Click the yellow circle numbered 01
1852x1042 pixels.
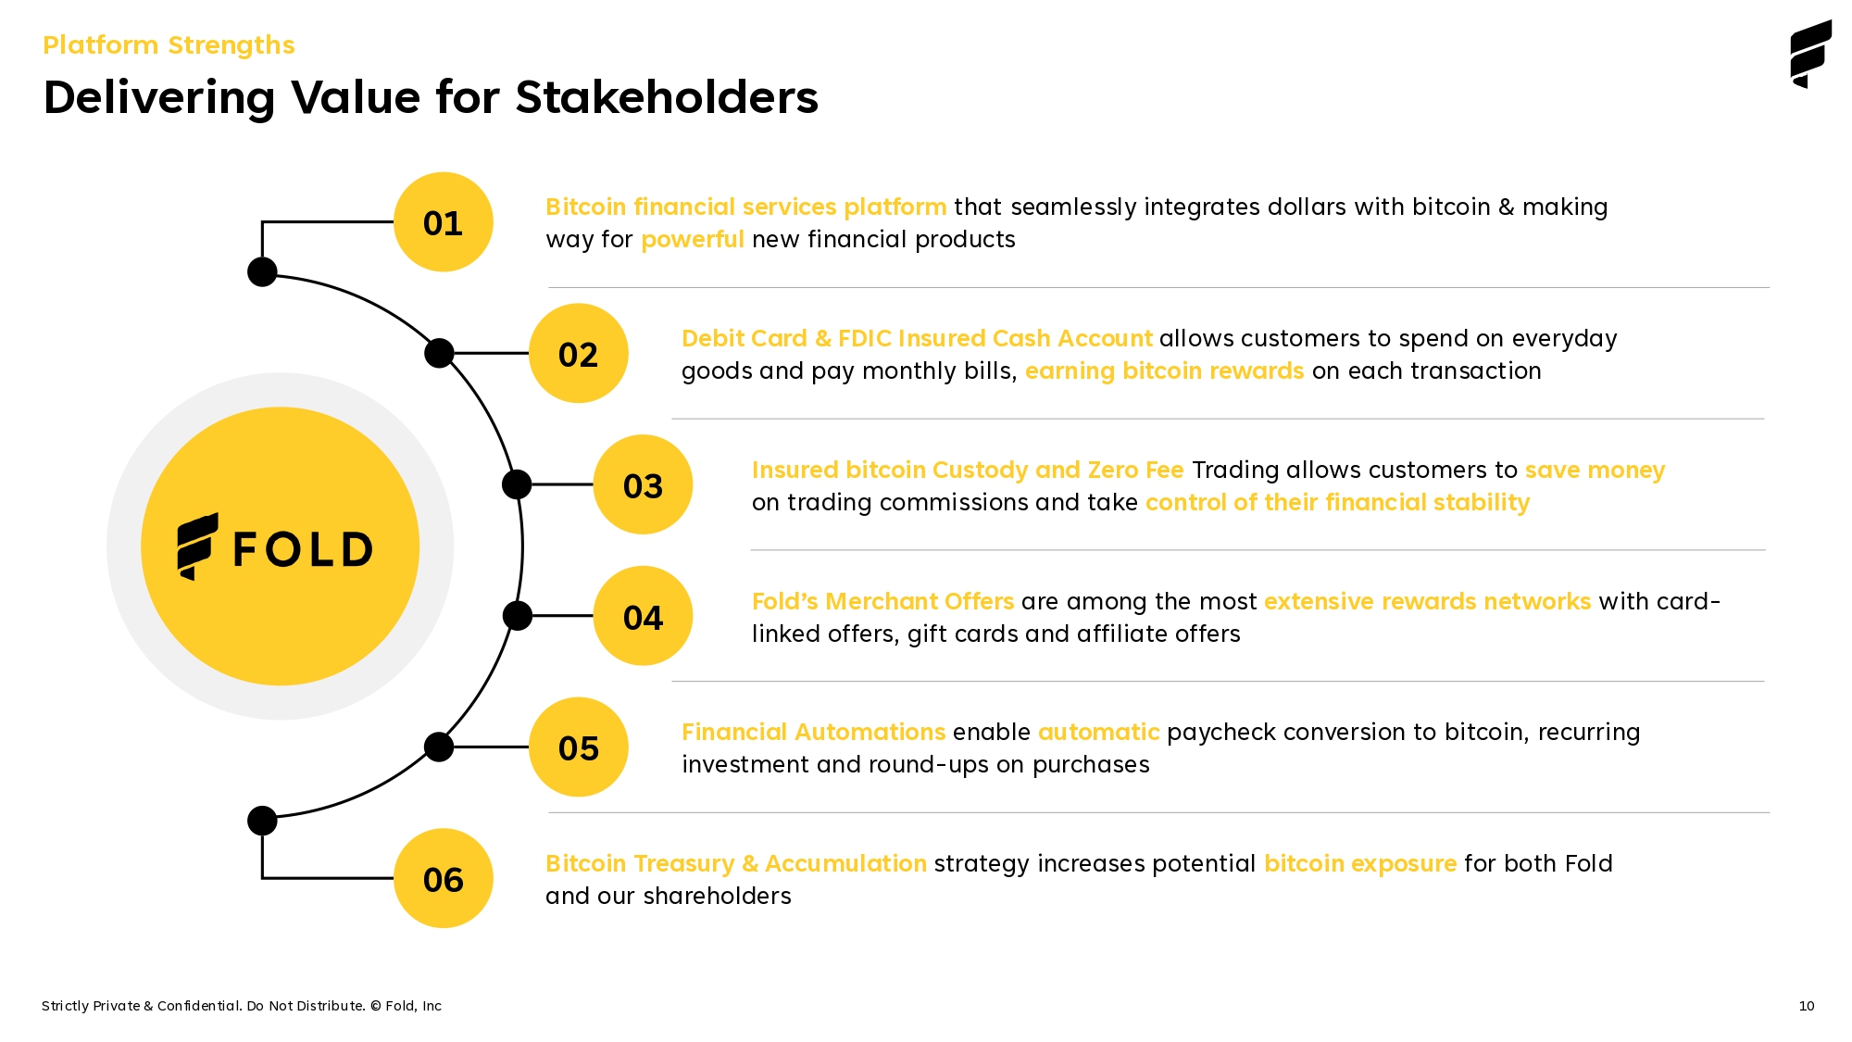(x=443, y=222)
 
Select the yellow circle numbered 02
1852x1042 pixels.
(x=578, y=353)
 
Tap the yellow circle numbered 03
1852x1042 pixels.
(x=643, y=484)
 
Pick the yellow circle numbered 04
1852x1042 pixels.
(x=643, y=616)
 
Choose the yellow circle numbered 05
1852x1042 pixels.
(x=578, y=747)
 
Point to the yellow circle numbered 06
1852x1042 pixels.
(x=443, y=878)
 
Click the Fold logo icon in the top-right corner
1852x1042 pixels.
(x=1810, y=55)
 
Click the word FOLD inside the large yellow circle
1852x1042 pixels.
(x=303, y=549)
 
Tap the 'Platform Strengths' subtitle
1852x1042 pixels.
(x=169, y=45)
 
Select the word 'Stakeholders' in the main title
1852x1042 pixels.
(x=667, y=97)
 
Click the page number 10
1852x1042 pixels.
(x=1807, y=1006)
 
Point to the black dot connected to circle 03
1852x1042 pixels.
(x=517, y=484)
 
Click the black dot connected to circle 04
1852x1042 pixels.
(x=517, y=616)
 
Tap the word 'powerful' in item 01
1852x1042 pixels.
(x=692, y=240)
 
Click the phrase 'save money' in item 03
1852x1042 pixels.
(x=1595, y=471)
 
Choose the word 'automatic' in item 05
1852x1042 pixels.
(x=1098, y=733)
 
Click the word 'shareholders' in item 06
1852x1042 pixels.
(x=717, y=897)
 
